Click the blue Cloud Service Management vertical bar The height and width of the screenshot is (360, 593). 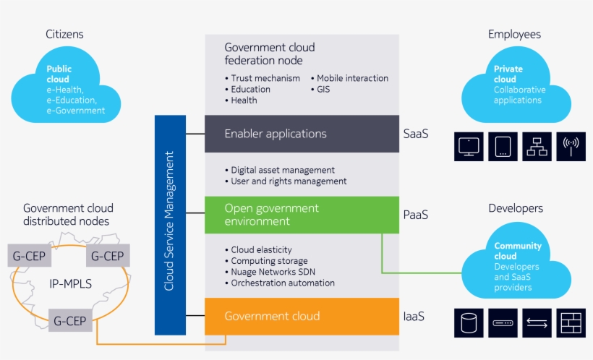[169, 224]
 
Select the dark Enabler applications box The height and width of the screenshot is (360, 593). [301, 134]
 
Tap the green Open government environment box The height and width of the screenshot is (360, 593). [301, 215]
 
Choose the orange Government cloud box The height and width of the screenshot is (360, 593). [301, 317]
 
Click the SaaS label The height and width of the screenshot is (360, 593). [415, 134]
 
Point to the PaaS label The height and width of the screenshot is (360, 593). [415, 215]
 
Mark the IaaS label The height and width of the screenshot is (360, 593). [414, 317]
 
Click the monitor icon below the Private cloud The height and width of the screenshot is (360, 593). [468, 147]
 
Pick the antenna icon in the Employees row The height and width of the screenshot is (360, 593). [570, 147]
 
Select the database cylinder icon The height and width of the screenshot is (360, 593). [468, 322]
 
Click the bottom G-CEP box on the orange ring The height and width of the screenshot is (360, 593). [71, 320]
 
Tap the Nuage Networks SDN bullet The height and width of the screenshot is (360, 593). [273, 272]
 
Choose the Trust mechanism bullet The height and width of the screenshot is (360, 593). [265, 78]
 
